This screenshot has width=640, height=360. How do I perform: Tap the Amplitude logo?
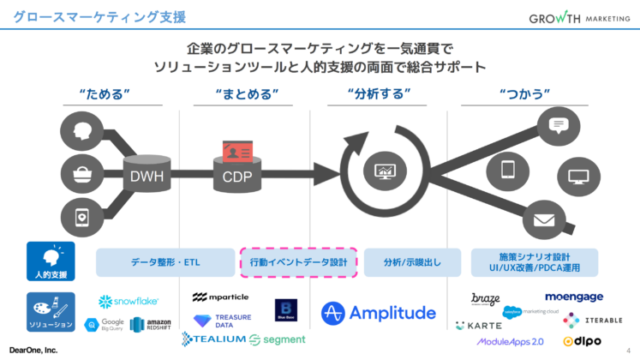[379, 313]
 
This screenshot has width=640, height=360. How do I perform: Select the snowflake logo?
[129, 302]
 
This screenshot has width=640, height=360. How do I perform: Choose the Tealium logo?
[213, 340]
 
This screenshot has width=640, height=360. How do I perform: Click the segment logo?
[278, 340]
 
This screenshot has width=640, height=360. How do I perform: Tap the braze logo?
[486, 299]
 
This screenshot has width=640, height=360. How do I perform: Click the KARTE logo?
[479, 327]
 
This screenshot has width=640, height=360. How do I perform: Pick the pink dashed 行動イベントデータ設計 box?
[298, 262]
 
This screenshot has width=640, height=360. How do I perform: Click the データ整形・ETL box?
[165, 262]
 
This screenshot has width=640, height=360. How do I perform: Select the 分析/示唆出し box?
[413, 262]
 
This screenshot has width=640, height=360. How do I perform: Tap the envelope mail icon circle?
[544, 219]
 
